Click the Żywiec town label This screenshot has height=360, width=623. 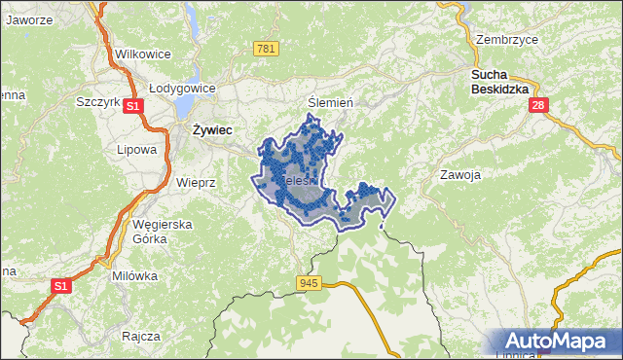click(211, 128)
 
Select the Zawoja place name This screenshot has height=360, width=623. click(461, 175)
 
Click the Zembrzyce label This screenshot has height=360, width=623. click(507, 40)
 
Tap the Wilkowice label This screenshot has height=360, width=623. click(143, 54)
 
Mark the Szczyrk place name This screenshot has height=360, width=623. click(97, 101)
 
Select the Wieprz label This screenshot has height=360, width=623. click(196, 182)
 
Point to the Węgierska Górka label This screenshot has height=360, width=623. click(164, 231)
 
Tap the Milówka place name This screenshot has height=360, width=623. click(134, 275)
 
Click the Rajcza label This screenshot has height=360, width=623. click(141, 336)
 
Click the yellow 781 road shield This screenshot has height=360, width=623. click(266, 49)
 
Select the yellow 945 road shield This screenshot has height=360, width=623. click(310, 283)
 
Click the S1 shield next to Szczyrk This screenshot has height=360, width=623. click(134, 106)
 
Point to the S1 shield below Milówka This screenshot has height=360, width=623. click(61, 286)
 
